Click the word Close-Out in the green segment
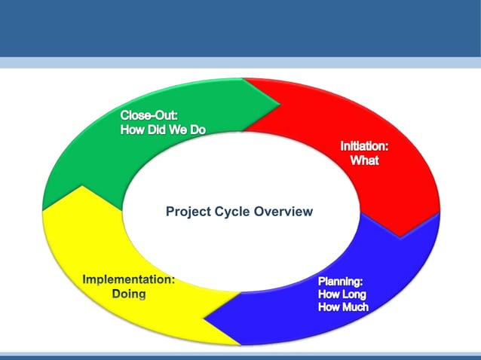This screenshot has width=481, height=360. click(x=148, y=115)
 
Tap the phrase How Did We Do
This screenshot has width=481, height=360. click(x=163, y=129)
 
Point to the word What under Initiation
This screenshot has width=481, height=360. click(x=364, y=160)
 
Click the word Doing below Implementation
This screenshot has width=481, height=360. click(x=129, y=293)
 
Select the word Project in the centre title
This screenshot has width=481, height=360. click(x=185, y=212)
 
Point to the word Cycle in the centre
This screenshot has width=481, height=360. click(x=228, y=212)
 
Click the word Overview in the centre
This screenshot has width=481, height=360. click(x=283, y=212)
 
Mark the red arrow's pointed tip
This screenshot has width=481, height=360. click(x=411, y=235)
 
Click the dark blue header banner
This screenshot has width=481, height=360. click(x=240, y=28)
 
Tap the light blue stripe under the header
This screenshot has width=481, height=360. click(x=240, y=63)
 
